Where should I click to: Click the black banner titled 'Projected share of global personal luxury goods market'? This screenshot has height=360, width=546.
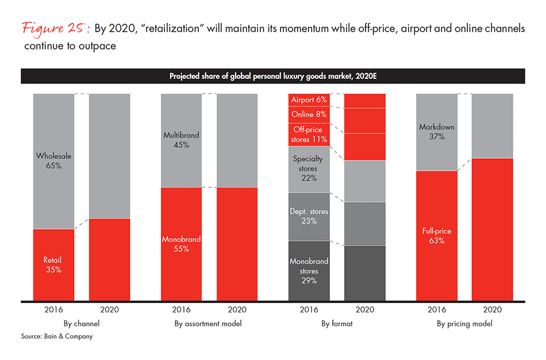pos(272,76)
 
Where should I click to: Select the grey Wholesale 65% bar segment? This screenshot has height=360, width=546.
pos(53,161)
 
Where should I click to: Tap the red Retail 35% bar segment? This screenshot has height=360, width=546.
pos(53,265)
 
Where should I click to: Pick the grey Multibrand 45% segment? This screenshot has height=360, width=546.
pos(182,140)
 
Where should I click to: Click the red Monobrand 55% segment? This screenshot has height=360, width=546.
pos(182,244)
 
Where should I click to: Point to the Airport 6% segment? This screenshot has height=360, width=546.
pos(309,100)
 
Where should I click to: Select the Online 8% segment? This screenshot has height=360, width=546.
pos(309,114)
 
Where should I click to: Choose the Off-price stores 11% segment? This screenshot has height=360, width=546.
pos(309,135)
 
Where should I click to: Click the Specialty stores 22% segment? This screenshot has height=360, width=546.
pos(309,169)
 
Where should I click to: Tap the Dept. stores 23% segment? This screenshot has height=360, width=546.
pos(309,216)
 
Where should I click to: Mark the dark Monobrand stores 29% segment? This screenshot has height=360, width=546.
pos(309,270)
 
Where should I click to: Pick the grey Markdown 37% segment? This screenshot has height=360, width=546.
pos(436,132)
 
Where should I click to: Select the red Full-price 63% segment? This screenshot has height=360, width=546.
pos(436,236)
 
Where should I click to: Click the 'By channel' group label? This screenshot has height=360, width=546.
pos(81,324)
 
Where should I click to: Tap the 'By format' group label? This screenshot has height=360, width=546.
pos(337,324)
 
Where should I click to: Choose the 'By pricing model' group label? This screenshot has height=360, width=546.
pos(464,324)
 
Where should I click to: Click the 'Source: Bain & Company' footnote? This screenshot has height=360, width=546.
pos(56,336)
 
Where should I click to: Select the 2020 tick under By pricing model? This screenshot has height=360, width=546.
pos(492,309)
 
